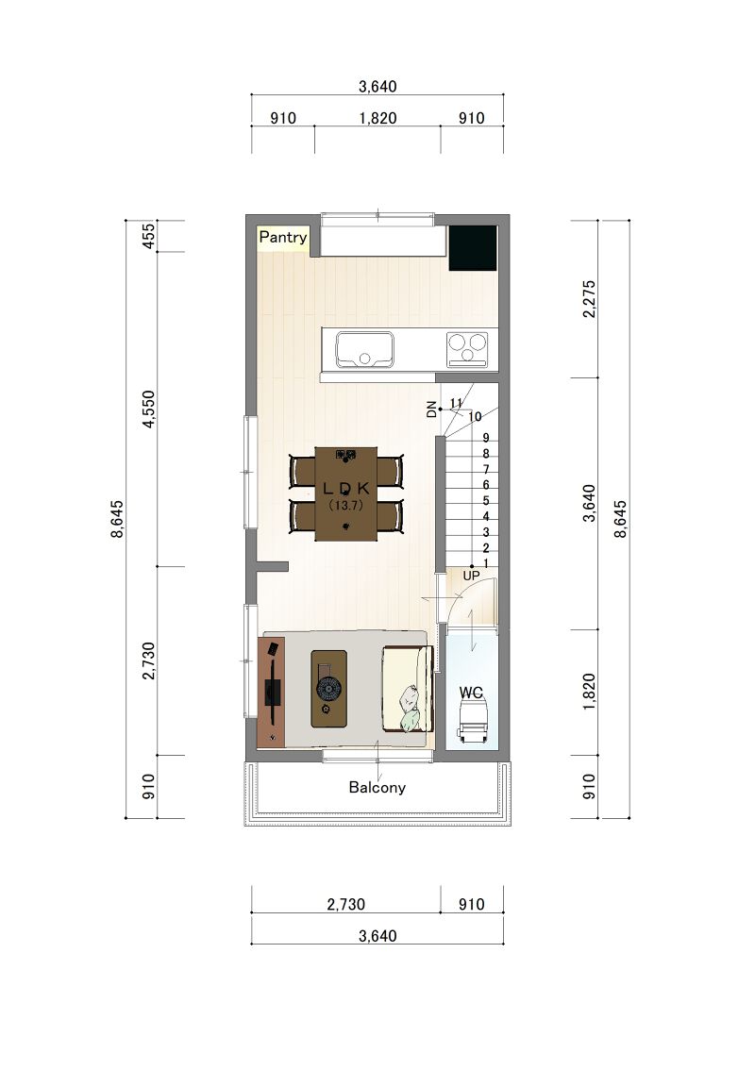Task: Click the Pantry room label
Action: [282, 237]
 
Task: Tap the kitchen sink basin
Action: [364, 349]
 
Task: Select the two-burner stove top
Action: [467, 349]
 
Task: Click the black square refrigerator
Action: [473, 248]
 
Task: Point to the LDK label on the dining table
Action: [346, 488]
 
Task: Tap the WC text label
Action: [471, 693]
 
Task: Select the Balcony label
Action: [377, 788]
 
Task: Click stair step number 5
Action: [486, 501]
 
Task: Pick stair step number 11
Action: [457, 403]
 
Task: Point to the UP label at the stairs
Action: [471, 576]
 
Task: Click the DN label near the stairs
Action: [431, 410]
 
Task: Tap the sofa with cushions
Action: [407, 689]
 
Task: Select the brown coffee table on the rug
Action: [328, 689]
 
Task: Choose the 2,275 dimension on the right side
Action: [590, 299]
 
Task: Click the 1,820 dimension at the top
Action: [377, 118]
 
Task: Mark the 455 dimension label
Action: [149, 236]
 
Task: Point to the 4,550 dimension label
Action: [149, 410]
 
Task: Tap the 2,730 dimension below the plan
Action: [346, 905]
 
